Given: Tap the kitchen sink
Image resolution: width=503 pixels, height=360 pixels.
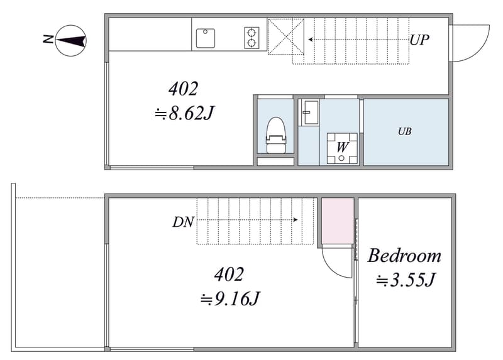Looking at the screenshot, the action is click(x=206, y=38).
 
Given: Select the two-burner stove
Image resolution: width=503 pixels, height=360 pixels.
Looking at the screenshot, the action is click(x=252, y=38).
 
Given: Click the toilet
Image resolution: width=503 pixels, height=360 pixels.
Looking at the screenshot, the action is click(x=275, y=135).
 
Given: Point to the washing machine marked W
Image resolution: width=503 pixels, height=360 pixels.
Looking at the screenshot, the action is click(x=342, y=148).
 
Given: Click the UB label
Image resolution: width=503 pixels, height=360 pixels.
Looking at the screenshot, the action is click(x=404, y=131).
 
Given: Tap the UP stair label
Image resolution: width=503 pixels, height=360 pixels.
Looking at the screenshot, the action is click(x=419, y=40).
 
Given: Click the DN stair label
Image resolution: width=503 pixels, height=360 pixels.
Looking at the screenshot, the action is click(x=183, y=222).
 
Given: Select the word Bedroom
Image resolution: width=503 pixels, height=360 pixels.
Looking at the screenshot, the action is click(x=404, y=256).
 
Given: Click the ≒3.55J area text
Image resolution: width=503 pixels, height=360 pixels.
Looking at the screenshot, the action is click(x=406, y=280).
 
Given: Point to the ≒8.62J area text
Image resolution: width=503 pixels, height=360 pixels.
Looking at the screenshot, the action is click(x=184, y=113).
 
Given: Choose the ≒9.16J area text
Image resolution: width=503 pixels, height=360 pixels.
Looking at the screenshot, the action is click(x=229, y=299).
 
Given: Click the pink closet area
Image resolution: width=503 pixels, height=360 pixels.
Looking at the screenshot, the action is click(x=338, y=221).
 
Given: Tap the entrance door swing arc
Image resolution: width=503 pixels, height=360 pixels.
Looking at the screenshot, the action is click(x=480, y=51).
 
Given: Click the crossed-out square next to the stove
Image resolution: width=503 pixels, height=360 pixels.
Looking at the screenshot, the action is click(x=286, y=36).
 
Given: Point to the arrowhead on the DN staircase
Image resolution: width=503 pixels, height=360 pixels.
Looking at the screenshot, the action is click(x=296, y=220).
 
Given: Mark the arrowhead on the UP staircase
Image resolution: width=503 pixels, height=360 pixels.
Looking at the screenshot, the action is click(x=311, y=40).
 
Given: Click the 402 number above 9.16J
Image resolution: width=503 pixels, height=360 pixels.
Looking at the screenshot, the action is click(x=229, y=275).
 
